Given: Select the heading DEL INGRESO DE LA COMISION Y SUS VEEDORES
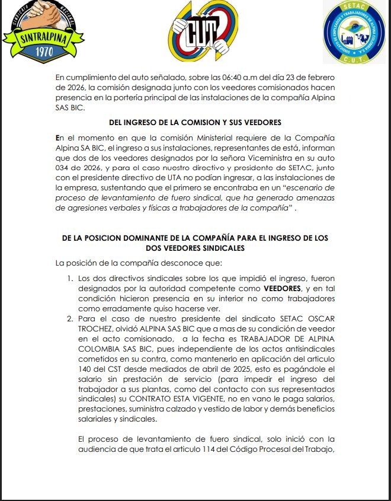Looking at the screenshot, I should (195, 122).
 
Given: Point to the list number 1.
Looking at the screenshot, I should (70, 277).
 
